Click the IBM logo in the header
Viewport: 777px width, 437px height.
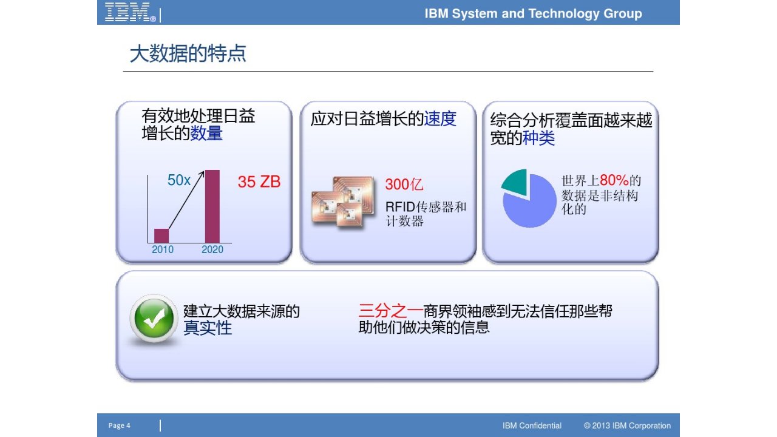click(x=131, y=12)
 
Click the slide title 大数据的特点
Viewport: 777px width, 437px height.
click(x=188, y=53)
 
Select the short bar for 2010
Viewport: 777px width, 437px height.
click(x=161, y=236)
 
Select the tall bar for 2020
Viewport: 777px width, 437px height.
click(x=212, y=206)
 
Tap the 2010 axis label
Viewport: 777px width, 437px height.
click(x=163, y=249)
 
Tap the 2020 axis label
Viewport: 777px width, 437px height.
click(x=212, y=249)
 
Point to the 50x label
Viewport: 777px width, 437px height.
click(x=179, y=180)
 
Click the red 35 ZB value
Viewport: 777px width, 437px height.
click(x=259, y=181)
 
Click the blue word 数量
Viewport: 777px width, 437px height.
click(x=206, y=134)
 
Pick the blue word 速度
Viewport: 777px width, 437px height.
click(x=440, y=119)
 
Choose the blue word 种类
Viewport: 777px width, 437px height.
click(x=538, y=138)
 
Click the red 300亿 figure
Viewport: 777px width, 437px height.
click(x=404, y=184)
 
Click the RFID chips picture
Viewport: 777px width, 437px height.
click(x=343, y=203)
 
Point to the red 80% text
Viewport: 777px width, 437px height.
click(x=614, y=180)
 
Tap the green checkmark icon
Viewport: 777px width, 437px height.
click(x=154, y=319)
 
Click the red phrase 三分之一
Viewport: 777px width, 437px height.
click(x=390, y=311)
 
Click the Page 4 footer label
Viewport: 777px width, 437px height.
click(x=120, y=425)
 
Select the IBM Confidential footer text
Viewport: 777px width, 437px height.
click(x=532, y=425)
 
